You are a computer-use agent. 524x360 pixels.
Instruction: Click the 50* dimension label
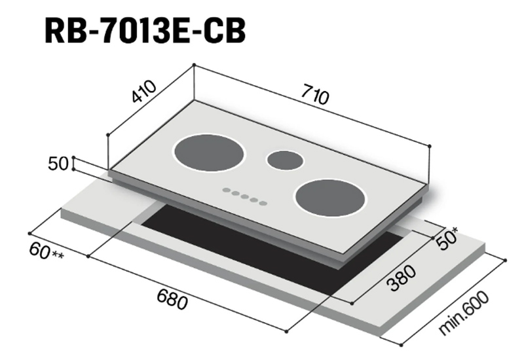(x=448, y=240)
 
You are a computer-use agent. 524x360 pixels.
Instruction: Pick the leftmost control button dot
(x=226, y=190)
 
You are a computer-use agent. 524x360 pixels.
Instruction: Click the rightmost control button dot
(x=263, y=203)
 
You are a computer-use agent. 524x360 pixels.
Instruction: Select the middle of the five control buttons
(x=244, y=196)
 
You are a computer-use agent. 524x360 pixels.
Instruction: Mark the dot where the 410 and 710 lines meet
(x=194, y=65)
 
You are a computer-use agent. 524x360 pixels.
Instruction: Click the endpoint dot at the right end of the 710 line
(x=429, y=146)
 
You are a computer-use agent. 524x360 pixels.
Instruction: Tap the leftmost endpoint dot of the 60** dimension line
(x=30, y=232)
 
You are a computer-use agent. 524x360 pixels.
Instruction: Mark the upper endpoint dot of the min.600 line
(x=505, y=261)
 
